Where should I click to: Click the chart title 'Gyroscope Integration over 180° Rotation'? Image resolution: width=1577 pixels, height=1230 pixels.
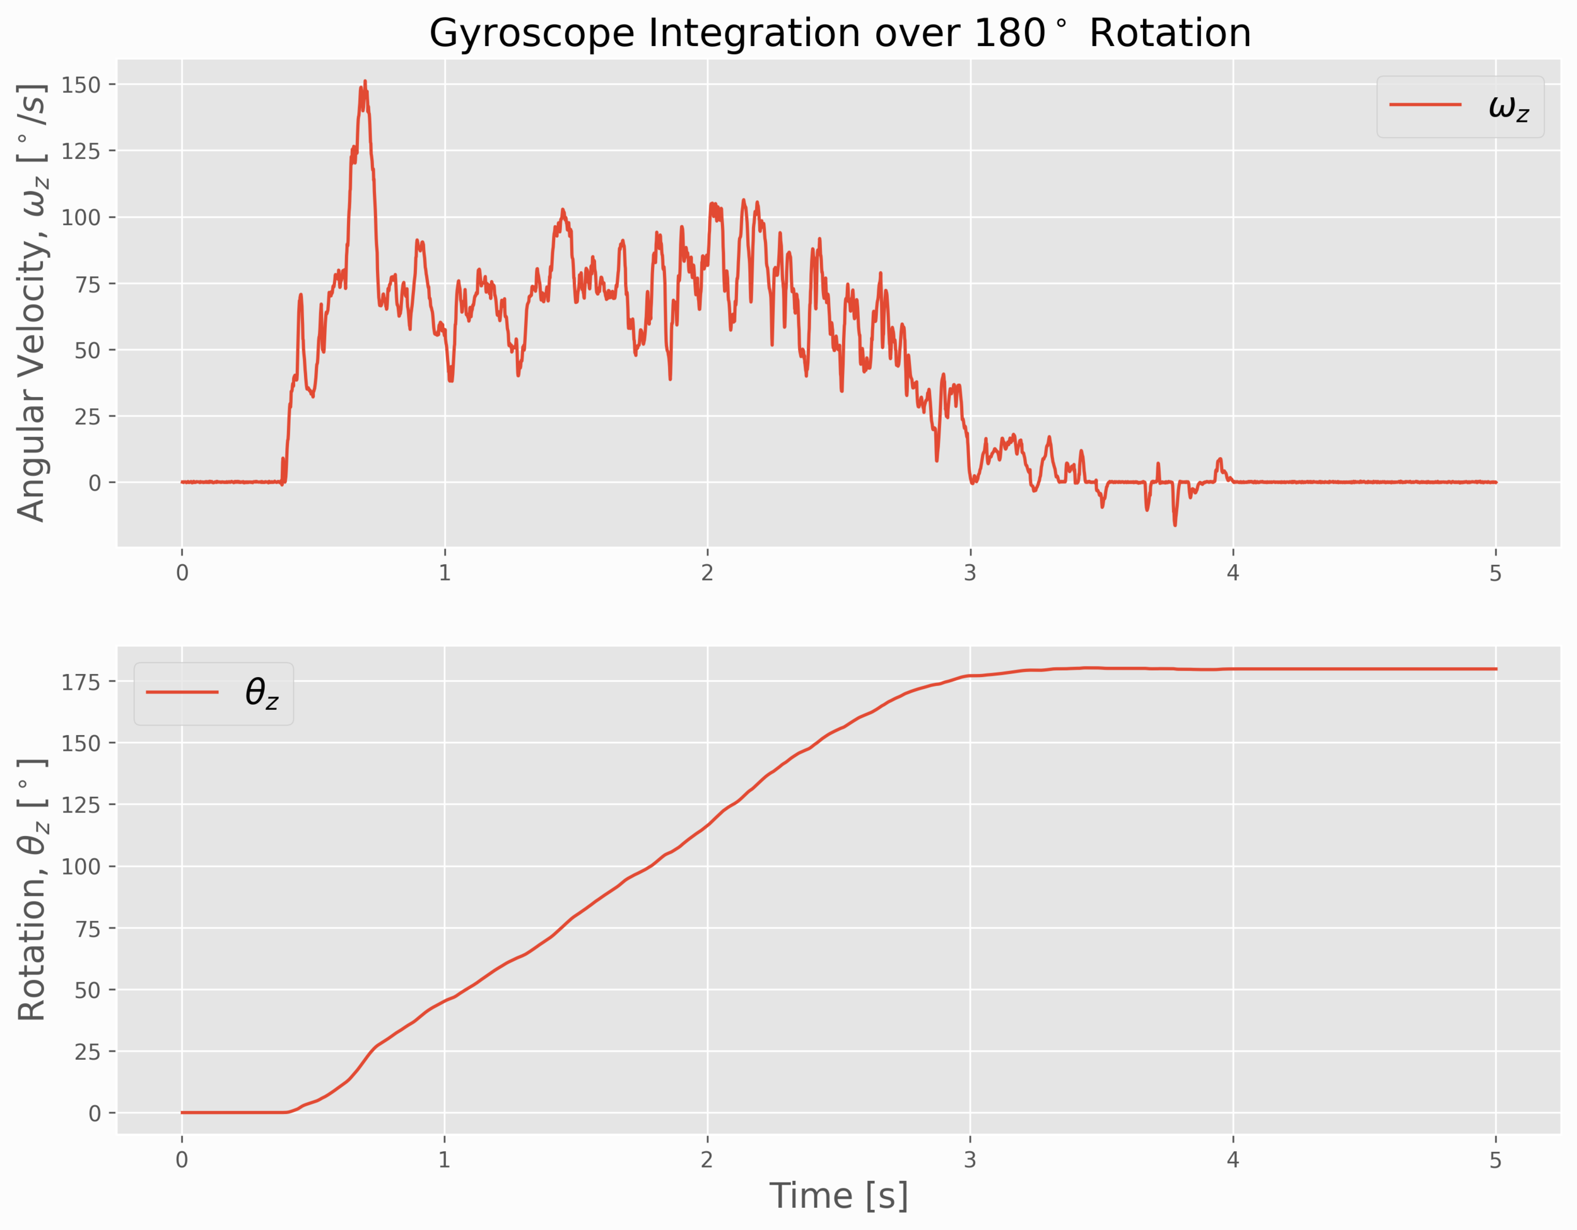click(840, 33)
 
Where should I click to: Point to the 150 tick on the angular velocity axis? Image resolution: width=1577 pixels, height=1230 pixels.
click(80, 84)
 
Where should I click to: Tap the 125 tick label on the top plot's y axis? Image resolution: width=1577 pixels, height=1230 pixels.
click(80, 151)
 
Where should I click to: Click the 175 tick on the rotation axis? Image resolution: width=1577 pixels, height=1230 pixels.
click(80, 682)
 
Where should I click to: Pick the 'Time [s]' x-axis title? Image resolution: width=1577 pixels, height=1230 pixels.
click(838, 1196)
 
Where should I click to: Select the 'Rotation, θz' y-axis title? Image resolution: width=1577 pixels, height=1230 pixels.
click(32, 890)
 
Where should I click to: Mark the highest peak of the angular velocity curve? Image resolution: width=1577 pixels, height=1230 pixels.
click(365, 81)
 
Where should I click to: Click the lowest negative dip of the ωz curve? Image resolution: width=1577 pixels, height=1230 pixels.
click(1175, 525)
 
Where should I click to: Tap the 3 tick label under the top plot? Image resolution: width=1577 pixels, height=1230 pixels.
click(970, 573)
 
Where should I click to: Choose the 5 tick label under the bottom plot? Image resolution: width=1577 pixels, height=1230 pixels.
click(1496, 1160)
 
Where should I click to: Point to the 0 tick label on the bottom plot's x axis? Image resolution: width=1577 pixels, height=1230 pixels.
click(182, 1160)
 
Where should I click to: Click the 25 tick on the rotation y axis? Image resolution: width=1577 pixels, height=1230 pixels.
click(88, 1052)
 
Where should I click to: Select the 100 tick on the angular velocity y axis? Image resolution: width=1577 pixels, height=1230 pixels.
click(80, 218)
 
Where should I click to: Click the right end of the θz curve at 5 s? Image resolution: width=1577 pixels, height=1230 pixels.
click(1496, 669)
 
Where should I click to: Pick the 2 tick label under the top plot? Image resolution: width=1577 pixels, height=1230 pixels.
click(707, 573)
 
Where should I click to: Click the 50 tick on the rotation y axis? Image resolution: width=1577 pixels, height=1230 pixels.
click(88, 990)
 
